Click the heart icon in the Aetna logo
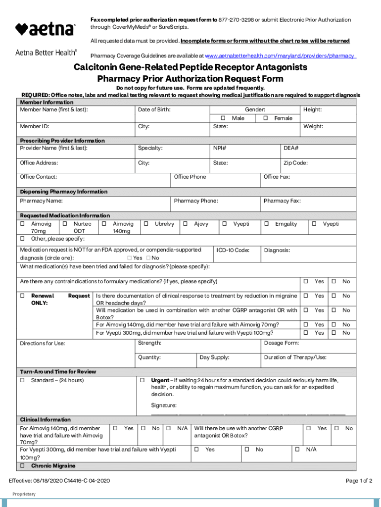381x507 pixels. point(21,29)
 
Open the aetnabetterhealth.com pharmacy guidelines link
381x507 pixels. point(280,56)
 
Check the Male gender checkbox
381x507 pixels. point(223,118)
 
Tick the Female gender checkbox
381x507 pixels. point(266,118)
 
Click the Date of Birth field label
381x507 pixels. point(154,109)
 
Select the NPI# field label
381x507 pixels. point(220,148)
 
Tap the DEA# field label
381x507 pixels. point(290,148)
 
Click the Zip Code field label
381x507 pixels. point(295,163)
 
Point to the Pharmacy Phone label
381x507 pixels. point(196,201)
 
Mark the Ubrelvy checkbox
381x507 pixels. point(146,224)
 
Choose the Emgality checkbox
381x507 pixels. point(267,224)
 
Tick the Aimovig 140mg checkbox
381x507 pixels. point(104,224)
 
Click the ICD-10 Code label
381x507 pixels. point(233,251)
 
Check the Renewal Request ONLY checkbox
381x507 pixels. point(23,296)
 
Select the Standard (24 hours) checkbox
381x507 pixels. point(23,380)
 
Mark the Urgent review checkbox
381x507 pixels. point(142,380)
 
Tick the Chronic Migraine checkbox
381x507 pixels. point(23,466)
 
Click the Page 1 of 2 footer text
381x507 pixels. point(359,481)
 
